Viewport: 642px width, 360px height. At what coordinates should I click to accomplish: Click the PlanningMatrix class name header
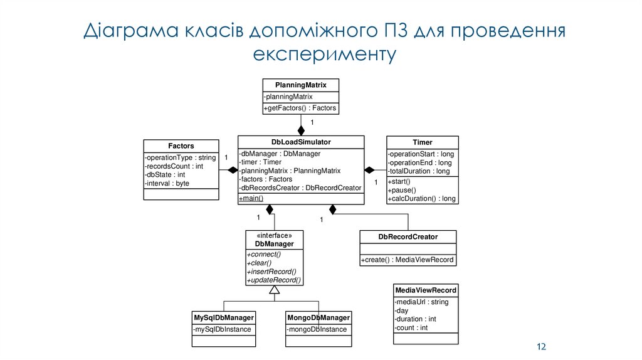(x=301, y=85)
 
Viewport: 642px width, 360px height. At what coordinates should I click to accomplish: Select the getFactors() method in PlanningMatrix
(x=300, y=108)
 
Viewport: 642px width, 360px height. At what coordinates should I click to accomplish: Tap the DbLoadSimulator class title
(x=301, y=142)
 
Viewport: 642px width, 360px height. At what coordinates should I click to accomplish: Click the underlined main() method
(x=251, y=199)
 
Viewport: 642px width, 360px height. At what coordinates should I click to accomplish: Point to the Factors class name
(x=181, y=146)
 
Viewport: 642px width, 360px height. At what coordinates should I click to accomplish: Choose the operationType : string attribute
(x=181, y=157)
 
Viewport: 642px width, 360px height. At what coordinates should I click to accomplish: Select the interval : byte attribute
(x=167, y=184)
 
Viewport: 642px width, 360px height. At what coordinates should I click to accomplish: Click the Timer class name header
(x=422, y=142)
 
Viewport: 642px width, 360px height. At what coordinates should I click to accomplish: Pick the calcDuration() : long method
(x=422, y=199)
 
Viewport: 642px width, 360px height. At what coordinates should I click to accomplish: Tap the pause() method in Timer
(x=402, y=190)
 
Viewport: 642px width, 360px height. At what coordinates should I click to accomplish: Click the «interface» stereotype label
(x=274, y=235)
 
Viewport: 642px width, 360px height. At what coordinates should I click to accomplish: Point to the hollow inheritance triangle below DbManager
(x=274, y=290)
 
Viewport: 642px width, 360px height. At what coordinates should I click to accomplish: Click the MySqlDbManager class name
(x=224, y=317)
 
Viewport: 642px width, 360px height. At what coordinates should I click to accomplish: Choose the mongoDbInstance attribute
(x=317, y=329)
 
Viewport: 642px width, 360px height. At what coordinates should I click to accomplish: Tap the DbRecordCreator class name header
(x=408, y=236)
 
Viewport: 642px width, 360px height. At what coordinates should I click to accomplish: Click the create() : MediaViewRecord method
(x=408, y=260)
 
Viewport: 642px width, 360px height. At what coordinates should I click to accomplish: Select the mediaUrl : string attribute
(x=421, y=302)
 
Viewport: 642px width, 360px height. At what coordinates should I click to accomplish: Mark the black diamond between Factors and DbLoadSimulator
(x=233, y=170)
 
